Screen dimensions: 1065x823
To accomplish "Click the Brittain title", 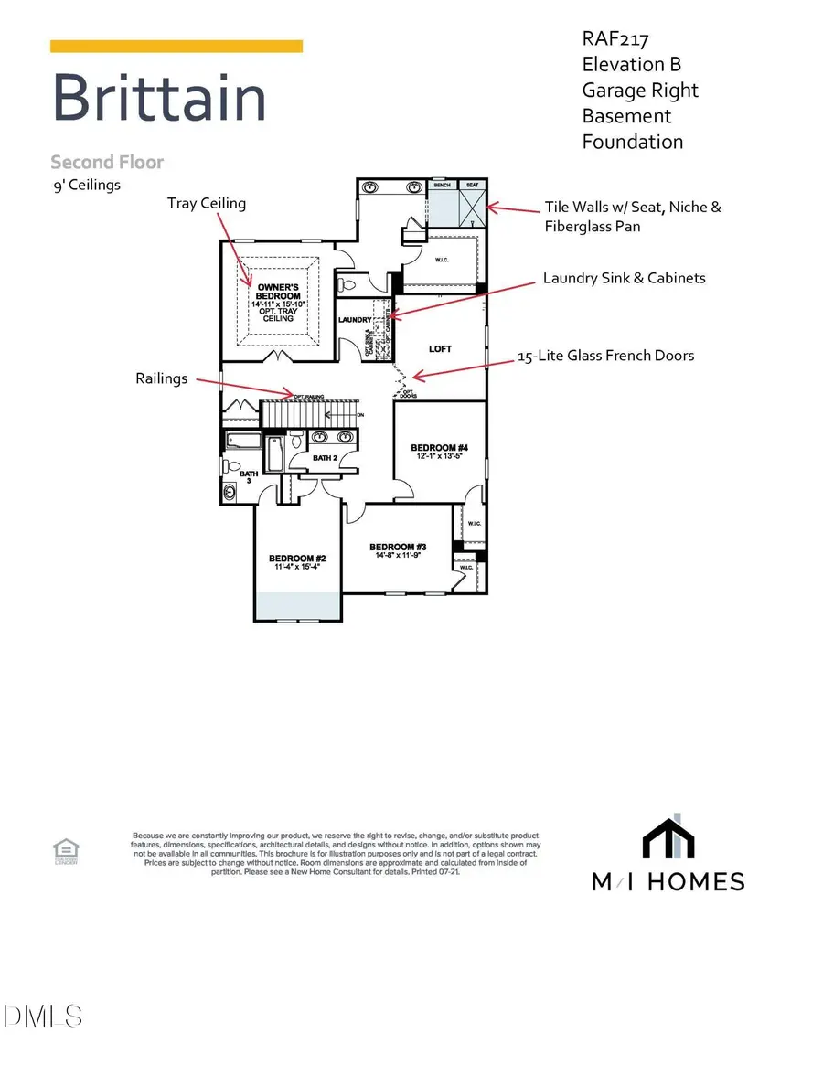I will click(159, 98).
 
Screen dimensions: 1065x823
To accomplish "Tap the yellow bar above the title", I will click(176, 46).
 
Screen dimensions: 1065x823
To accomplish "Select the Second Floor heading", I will click(107, 163).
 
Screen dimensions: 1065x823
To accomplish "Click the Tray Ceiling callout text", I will click(206, 203).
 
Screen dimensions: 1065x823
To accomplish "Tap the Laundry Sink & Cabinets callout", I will click(624, 277).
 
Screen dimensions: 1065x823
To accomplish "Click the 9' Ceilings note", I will click(86, 185).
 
